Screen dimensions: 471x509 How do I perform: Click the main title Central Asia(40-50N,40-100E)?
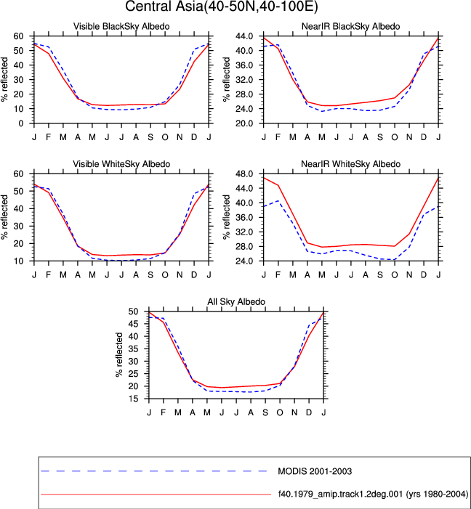point(222,7)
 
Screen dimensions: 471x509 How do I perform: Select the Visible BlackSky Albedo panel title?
point(121,26)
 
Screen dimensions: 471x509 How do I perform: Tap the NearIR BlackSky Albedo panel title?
point(351,26)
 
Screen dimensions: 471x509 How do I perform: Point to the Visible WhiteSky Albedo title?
point(121,164)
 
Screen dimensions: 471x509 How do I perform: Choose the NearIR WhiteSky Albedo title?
point(351,164)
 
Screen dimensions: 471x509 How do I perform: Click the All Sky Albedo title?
point(236,301)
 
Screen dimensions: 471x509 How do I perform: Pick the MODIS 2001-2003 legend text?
point(315,471)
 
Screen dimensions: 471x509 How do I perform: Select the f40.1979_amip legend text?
point(373,494)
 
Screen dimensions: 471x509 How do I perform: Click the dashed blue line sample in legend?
point(154,471)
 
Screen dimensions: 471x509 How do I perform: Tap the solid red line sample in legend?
point(156,494)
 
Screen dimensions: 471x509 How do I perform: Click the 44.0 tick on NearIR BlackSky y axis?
point(245,36)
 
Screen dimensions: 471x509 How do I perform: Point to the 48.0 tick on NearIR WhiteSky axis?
point(245,174)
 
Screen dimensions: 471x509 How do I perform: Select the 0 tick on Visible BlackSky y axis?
point(21,123)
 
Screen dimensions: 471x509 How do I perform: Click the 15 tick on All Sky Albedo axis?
point(134,399)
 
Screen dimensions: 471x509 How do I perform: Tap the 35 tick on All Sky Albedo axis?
point(134,349)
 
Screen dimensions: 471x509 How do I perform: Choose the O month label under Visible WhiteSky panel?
point(165,275)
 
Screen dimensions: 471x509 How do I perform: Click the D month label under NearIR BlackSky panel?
point(424,137)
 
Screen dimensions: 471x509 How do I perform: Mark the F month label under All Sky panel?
point(163,412)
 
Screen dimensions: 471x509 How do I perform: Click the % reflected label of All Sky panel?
point(119,355)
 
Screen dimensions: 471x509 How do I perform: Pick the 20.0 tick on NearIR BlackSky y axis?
point(245,123)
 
